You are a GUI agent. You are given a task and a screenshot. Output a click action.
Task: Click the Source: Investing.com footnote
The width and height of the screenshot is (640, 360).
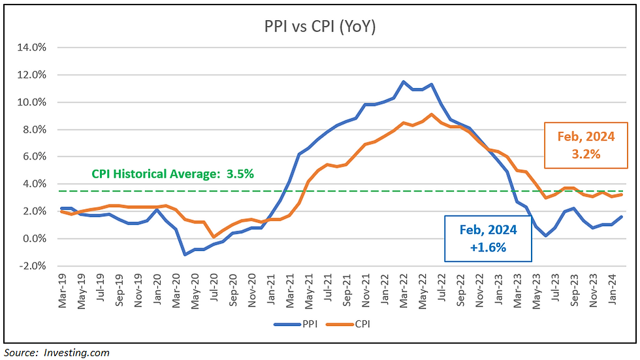(57, 353)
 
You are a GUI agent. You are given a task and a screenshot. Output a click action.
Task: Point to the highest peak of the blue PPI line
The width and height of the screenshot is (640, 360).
(404, 82)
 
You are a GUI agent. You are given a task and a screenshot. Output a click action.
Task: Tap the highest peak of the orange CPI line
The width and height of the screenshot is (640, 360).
(432, 114)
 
